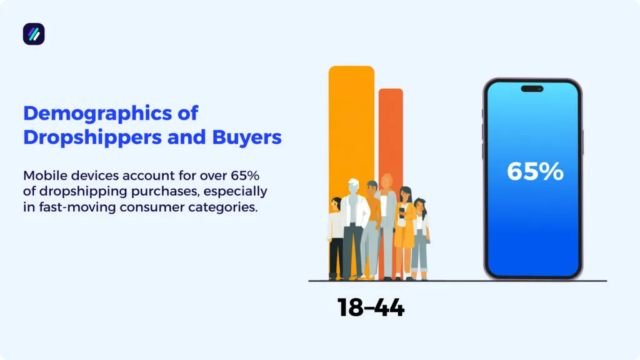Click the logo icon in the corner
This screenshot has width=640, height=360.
coord(34,34)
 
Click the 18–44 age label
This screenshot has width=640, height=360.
coord(371,307)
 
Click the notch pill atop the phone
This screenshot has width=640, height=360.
coord(532,89)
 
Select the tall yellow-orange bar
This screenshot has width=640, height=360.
coord(351,125)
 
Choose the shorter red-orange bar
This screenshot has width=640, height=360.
coord(391,131)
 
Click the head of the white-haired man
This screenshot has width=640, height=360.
coord(354,187)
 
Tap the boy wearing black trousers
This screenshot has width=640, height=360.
coord(336,237)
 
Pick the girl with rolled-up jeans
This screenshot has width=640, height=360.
coord(421,241)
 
